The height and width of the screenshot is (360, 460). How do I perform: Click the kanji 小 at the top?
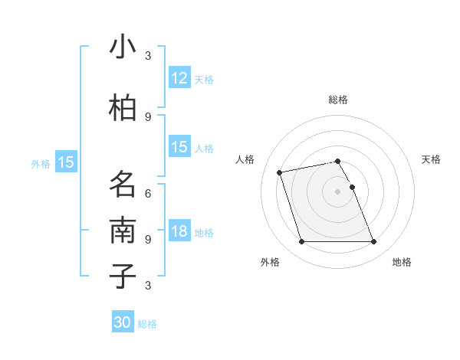123,48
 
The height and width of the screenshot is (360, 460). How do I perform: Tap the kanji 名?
123,185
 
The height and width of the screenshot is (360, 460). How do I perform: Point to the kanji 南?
123,231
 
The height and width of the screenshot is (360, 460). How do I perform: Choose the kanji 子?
123,276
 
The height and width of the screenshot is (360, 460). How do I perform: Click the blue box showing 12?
179,78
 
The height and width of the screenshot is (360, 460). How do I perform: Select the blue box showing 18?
179,232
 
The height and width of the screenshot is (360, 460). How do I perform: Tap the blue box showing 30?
123,323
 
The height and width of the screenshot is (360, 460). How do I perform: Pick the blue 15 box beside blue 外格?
66,162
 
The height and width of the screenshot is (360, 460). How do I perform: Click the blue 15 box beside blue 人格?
179,147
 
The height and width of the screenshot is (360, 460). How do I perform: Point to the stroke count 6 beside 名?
148,193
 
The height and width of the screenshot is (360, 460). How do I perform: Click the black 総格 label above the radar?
338,100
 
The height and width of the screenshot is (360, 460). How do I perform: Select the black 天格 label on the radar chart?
432,159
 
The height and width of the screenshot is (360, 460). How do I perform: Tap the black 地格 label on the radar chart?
402,262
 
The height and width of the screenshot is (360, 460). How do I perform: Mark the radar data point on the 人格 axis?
280,172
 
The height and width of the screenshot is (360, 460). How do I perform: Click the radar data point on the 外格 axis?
301,242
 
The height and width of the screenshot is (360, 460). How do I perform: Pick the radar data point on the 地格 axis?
373,242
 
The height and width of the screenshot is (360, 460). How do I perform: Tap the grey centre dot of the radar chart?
337,191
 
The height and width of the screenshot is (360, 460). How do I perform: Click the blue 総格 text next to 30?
147,324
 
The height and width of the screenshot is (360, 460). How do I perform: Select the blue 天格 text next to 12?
203,79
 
